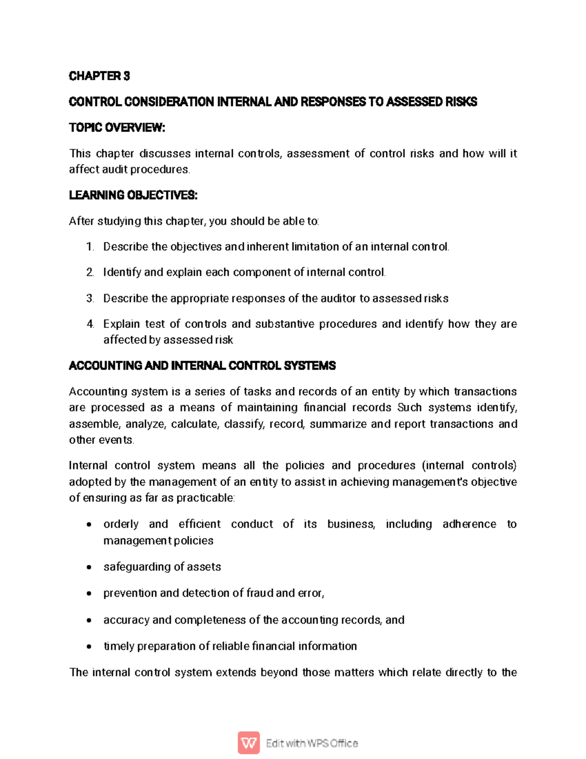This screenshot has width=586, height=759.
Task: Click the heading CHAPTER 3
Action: [x=99, y=76]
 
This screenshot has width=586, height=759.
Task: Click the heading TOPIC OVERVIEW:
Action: [x=117, y=128]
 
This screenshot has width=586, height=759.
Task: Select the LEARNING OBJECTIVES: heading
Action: [x=133, y=195]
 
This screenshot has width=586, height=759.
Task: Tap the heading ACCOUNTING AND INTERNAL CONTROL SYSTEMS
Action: [x=202, y=366]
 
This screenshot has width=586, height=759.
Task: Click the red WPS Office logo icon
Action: [x=249, y=743]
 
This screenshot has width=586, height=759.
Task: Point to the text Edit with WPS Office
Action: [x=312, y=743]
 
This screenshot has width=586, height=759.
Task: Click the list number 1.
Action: [x=90, y=247]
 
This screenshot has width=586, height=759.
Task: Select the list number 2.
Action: [x=90, y=272]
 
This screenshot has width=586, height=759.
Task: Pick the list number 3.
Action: [x=90, y=298]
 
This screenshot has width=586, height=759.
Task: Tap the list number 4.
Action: [x=90, y=324]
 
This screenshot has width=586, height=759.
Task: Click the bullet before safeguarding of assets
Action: [x=88, y=567]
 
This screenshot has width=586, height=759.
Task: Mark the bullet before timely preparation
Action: [x=88, y=647]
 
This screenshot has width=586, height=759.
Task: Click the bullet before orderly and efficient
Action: [x=88, y=525]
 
